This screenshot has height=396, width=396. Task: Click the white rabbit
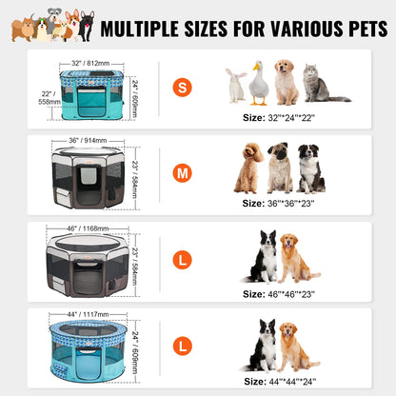pos(235,86)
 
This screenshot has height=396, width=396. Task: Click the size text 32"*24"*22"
pos(279,116)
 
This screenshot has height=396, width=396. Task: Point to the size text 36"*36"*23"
pos(279,203)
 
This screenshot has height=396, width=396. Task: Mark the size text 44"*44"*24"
pos(279,380)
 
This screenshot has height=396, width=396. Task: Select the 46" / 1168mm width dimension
pos(88,228)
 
